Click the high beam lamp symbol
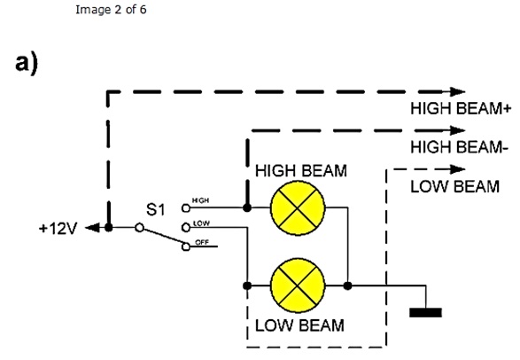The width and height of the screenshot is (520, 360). [x=298, y=208]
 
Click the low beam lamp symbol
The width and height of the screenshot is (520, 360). [x=298, y=286]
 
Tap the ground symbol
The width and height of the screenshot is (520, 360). [x=425, y=312]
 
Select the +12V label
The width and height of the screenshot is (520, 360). [x=58, y=228]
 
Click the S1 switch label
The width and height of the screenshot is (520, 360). [x=155, y=209]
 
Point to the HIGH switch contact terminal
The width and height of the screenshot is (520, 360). [x=186, y=208]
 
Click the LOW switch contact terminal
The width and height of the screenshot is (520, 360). [x=186, y=228]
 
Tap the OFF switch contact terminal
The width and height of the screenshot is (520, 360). [x=186, y=247]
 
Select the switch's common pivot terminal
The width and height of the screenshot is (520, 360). [x=140, y=228]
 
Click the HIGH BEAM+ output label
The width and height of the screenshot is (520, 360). [x=461, y=108]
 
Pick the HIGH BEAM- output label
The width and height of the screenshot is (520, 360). [x=459, y=147]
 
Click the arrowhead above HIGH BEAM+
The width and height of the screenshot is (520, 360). [x=458, y=91]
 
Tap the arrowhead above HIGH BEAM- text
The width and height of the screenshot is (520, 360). [x=458, y=130]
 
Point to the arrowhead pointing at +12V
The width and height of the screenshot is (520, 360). [x=93, y=228]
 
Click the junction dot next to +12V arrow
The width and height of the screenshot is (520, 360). [x=108, y=228]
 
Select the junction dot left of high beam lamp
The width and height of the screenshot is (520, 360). [x=247, y=208]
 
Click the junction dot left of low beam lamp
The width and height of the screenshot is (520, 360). [x=247, y=286]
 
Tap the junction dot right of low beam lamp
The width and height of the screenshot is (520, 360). [x=347, y=286]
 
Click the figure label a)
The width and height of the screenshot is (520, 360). [x=27, y=63]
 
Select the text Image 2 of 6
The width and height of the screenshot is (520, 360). [x=111, y=10]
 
